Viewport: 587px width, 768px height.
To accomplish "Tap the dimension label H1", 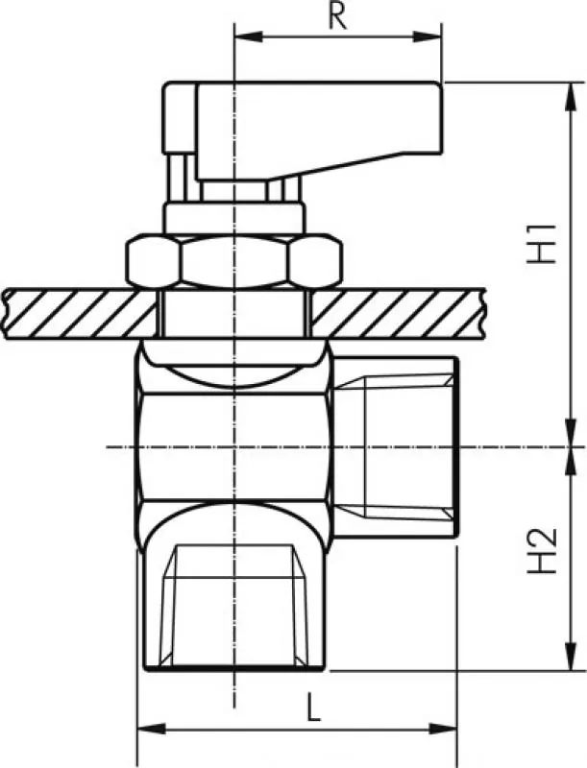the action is pyautogui.click(x=542, y=244).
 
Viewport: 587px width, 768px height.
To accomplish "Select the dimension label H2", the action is pyautogui.click(x=542, y=550).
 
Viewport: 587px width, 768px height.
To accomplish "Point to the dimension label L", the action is pyautogui.click(x=312, y=707).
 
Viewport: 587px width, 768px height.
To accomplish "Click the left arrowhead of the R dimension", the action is pyautogui.click(x=249, y=36).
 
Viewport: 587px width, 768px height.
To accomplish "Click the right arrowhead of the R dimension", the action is pyautogui.click(x=428, y=36).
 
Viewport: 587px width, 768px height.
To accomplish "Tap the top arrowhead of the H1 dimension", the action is pyautogui.click(x=571, y=97).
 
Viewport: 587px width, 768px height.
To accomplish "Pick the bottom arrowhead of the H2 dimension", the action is pyautogui.click(x=571, y=656).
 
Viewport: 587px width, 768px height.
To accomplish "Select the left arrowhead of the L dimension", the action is pyautogui.click(x=152, y=729).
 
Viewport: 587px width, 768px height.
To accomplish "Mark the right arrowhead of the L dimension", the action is pyautogui.click(x=443, y=729).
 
